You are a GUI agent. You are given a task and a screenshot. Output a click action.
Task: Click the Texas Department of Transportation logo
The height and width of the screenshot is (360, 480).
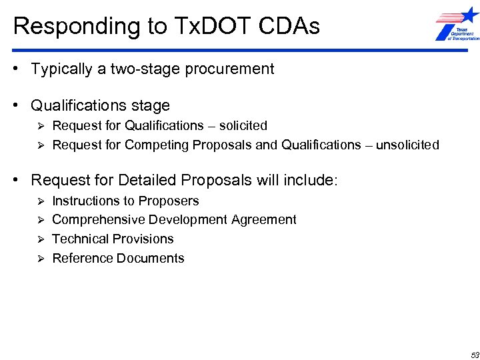pyautogui.click(x=457, y=25)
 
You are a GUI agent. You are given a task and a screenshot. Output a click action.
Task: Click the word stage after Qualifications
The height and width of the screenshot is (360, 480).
pyautogui.click(x=151, y=105)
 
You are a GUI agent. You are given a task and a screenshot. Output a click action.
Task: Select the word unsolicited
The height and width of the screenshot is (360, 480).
pyautogui.click(x=407, y=145)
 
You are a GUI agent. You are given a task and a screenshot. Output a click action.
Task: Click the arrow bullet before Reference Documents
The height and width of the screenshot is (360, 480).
pyautogui.click(x=40, y=259)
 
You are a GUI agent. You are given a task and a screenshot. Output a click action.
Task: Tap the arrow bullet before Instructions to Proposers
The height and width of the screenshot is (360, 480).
pyautogui.click(x=40, y=201)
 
